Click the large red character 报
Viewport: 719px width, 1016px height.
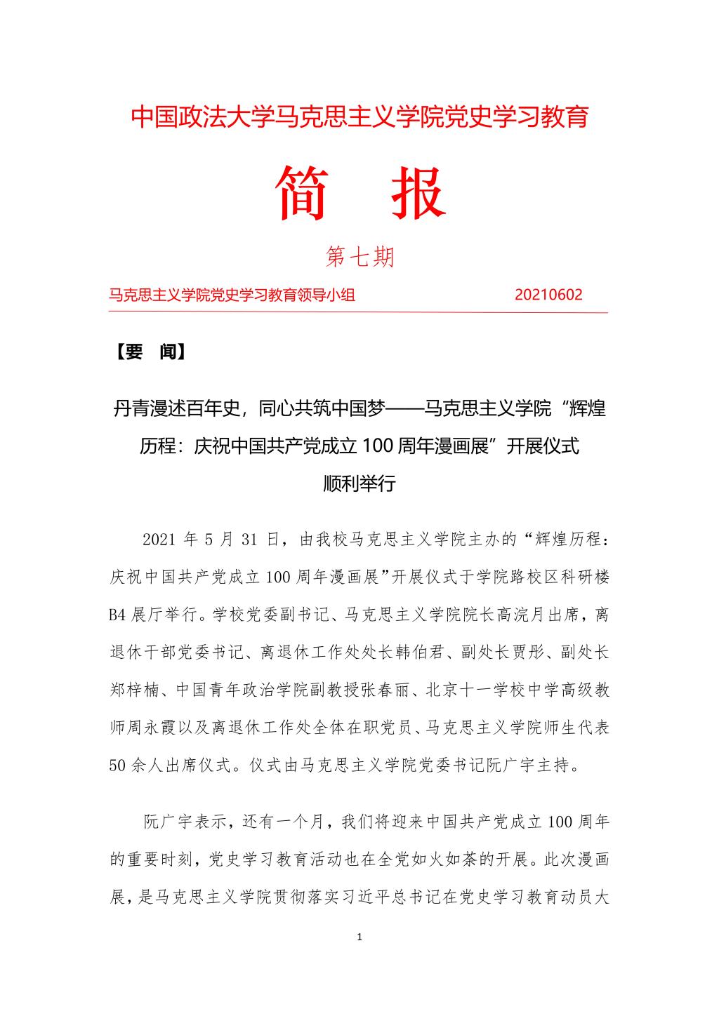418,193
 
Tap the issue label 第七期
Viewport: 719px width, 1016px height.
360,258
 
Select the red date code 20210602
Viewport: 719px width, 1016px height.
548,295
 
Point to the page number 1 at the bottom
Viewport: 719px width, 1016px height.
359,937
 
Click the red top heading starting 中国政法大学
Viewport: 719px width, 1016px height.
359,117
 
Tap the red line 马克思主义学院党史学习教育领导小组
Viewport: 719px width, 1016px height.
232,295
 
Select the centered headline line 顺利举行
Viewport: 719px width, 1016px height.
359,483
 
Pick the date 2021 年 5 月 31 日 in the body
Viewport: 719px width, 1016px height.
210,540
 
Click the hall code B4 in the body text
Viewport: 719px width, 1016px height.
117,615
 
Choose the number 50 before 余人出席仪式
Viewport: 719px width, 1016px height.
117,765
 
